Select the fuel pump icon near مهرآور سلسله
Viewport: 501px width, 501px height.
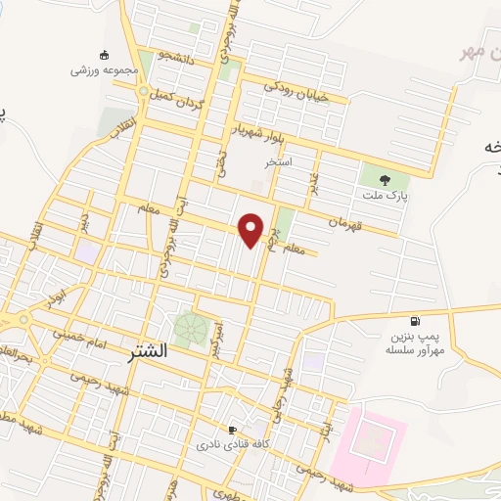(417, 321)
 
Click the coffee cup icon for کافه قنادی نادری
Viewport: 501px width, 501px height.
(232, 430)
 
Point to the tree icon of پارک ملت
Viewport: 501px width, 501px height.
(383, 178)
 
